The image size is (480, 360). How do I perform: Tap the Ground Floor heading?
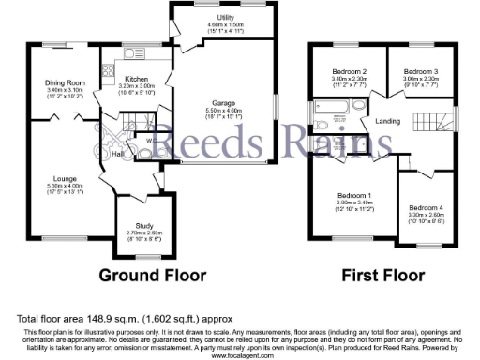click(x=153, y=276)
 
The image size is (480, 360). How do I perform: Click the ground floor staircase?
click(x=140, y=125)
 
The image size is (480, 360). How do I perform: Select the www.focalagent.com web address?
click(x=241, y=355)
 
